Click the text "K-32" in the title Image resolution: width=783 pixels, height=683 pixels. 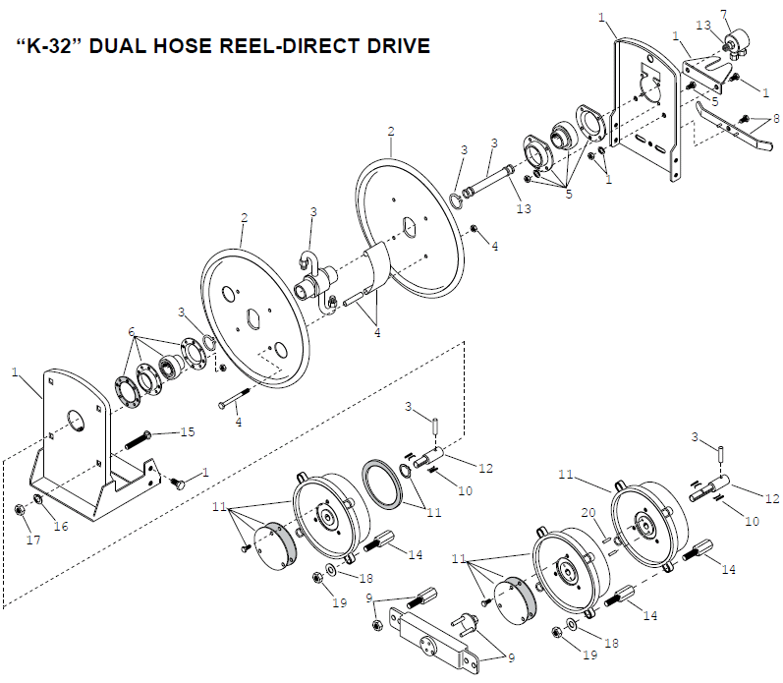click(x=51, y=46)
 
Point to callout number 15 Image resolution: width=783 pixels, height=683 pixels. click(x=188, y=431)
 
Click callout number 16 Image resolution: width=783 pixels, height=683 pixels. click(x=61, y=526)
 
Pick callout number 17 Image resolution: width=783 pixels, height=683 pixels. click(x=33, y=540)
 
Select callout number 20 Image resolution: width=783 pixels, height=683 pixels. click(x=588, y=513)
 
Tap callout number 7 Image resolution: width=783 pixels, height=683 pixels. click(x=724, y=15)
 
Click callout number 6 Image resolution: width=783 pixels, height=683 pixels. click(x=132, y=332)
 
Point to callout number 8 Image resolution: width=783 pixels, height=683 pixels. click(x=776, y=118)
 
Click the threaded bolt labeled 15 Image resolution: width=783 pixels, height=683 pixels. click(x=139, y=438)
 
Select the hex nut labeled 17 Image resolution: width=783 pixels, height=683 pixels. click(x=19, y=510)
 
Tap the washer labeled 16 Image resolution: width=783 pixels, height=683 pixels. click(x=37, y=498)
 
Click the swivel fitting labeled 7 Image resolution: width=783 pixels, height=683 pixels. click(x=736, y=42)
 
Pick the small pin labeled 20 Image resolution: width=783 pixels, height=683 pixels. click(x=606, y=540)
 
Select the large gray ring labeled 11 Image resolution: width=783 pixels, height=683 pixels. click(x=382, y=484)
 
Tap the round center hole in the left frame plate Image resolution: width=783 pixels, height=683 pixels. click(x=76, y=421)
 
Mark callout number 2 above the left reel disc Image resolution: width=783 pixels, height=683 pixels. click(x=245, y=218)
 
